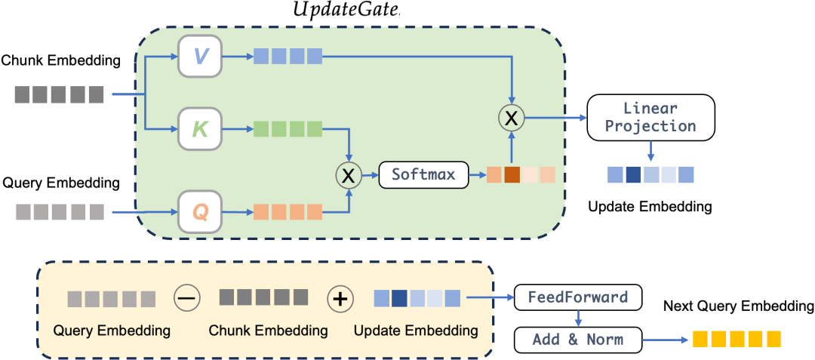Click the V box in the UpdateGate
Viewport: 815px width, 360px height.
tap(200, 56)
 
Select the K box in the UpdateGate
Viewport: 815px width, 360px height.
tap(200, 129)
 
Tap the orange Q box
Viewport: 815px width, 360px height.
tap(200, 211)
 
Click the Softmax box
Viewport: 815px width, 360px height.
tap(423, 175)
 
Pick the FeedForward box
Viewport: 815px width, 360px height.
tap(578, 297)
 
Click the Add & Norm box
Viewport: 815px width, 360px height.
tap(578, 339)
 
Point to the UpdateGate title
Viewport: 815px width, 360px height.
tap(346, 11)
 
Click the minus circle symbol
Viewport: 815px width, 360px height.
tap(186, 298)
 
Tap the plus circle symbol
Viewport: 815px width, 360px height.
tap(340, 298)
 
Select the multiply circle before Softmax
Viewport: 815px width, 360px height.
tap(348, 175)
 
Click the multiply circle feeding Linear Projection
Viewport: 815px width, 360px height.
tap(512, 118)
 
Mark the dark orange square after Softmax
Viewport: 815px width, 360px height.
tap(513, 175)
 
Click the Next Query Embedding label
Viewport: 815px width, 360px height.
tap(738, 306)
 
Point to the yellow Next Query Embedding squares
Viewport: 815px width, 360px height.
tap(737, 338)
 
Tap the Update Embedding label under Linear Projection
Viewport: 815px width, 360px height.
tap(650, 205)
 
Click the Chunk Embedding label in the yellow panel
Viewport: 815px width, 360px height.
tap(268, 331)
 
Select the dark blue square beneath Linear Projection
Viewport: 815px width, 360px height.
tap(633, 175)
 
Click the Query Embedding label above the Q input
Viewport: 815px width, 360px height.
tap(61, 183)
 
